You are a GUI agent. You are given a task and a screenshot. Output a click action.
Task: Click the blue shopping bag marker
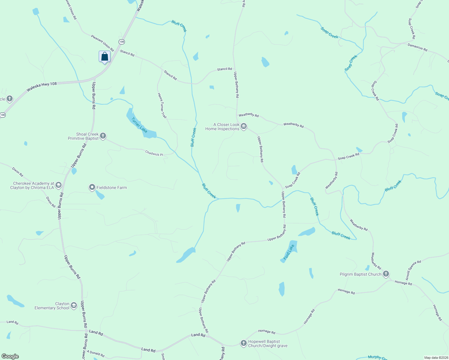point(104,56)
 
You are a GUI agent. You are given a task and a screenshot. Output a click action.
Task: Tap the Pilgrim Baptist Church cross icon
point(386,274)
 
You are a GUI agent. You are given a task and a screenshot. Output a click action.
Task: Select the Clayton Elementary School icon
point(74,306)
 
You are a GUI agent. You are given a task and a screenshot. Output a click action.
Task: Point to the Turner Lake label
point(139,125)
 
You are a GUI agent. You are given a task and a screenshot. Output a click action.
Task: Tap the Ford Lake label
point(289,252)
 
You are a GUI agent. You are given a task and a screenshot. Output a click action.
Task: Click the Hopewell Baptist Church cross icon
point(243,343)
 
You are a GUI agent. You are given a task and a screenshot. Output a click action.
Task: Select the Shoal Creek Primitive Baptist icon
point(103,136)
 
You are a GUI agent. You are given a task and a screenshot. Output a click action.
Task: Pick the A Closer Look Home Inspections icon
point(244,126)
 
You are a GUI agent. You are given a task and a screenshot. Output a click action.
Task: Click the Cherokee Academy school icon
point(59,185)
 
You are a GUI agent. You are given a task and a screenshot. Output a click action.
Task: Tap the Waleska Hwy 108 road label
point(41,87)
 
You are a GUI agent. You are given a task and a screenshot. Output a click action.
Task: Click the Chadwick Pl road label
point(154,153)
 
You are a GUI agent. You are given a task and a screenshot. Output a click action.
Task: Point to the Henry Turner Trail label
point(162,105)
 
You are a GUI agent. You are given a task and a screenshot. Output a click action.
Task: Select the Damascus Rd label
point(417,47)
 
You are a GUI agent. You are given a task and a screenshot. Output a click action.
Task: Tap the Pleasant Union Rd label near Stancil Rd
point(102,43)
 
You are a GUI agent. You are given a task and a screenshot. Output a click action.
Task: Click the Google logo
point(10,356)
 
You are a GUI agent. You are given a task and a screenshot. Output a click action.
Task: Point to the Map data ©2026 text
point(435,358)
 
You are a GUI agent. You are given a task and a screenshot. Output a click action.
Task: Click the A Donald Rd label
point(96,354)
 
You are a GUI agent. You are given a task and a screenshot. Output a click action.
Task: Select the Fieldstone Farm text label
point(112,188)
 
